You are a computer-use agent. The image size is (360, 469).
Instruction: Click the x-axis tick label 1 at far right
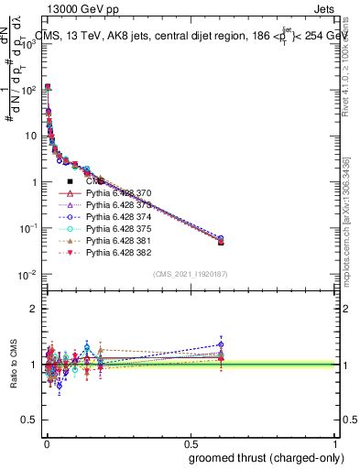pyautogui.click(x=335, y=443)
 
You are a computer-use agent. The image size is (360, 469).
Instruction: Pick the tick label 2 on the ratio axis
pyautogui.click(x=30, y=309)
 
